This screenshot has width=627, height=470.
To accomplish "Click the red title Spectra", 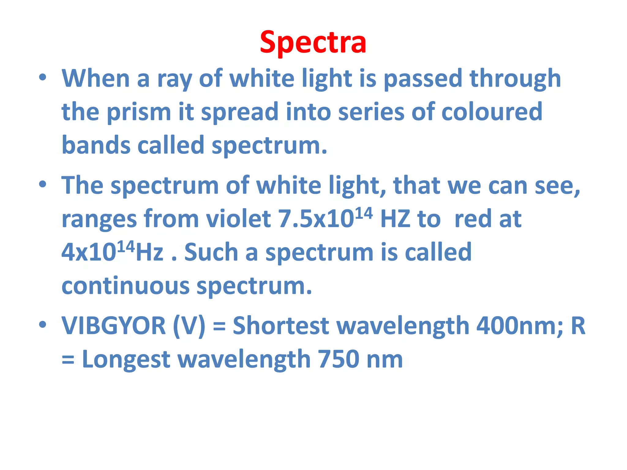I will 313,42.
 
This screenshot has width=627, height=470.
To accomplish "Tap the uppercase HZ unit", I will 395,219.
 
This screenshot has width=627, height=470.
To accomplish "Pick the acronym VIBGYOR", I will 114,326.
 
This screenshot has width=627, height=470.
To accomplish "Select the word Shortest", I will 281,326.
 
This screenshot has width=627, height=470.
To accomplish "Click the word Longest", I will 126,360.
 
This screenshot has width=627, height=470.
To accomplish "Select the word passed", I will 423,79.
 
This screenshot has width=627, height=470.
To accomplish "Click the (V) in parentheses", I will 189,326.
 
